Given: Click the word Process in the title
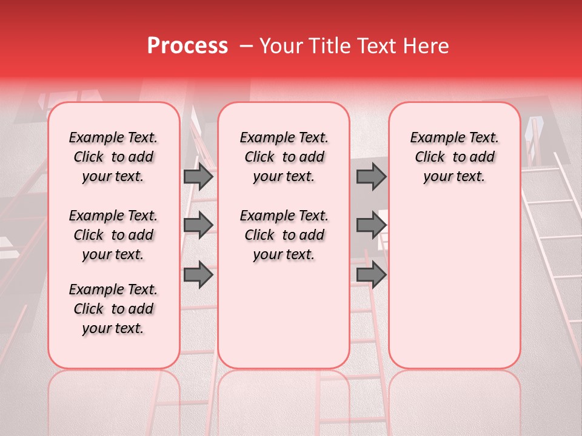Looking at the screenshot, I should tap(187, 46).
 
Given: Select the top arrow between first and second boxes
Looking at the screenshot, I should tap(198, 177).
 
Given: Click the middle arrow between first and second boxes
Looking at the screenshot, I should tap(198, 225).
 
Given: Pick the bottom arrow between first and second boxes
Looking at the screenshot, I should tap(198, 275).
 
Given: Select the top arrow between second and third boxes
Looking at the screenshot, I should tap(371, 177).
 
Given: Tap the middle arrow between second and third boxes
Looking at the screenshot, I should tap(371, 225).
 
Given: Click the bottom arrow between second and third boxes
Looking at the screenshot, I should tap(371, 275).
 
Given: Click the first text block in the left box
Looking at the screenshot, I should tap(113, 157).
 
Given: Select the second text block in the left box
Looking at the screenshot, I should tap(113, 235).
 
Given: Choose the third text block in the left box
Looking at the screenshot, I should tap(113, 309).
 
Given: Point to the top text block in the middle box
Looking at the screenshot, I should tap(284, 157).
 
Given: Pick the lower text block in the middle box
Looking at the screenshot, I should tap(284, 235).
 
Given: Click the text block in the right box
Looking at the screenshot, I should tap(454, 157).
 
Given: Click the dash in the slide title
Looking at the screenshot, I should tap(246, 47).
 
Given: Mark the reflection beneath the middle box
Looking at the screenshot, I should tap(284, 400).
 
